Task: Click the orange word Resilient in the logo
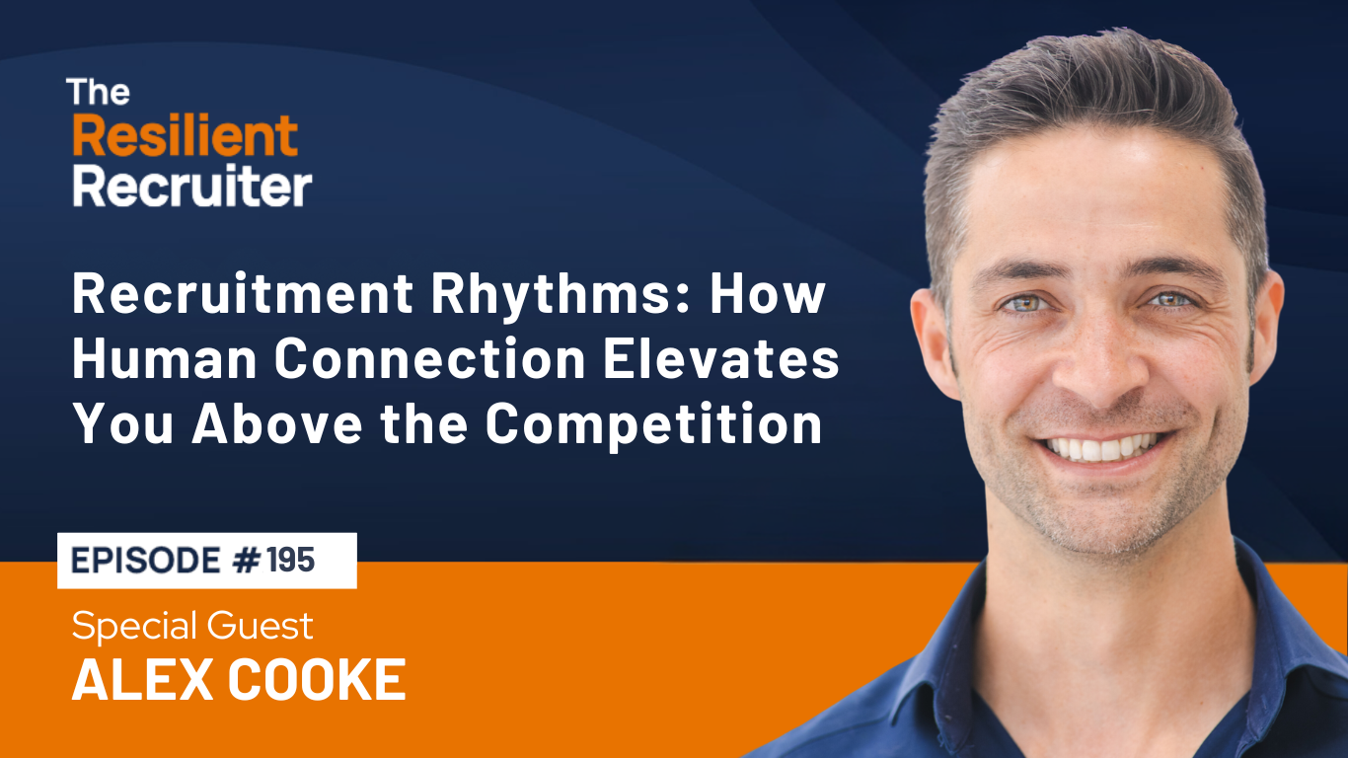click(185, 136)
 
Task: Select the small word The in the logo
click(98, 93)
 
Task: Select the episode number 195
click(292, 560)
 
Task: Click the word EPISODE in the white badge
click(146, 560)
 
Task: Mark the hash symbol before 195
click(247, 560)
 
